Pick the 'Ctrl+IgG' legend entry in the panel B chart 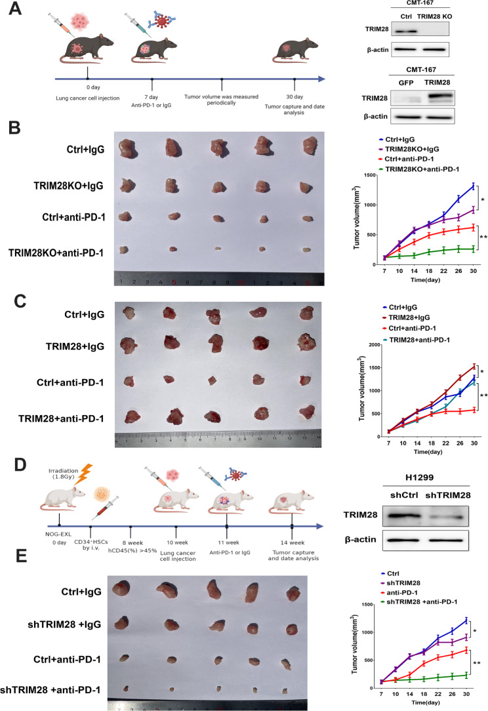point(407,140)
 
